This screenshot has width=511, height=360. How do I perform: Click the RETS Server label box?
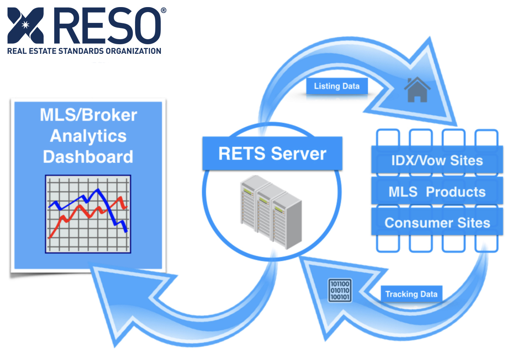point(272,154)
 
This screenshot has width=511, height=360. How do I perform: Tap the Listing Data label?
point(336,86)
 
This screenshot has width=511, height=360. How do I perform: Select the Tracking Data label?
point(411,294)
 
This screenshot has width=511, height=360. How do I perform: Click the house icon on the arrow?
point(417,91)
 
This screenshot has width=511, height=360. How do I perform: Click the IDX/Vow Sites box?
point(437,161)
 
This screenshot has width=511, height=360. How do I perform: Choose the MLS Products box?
point(437,192)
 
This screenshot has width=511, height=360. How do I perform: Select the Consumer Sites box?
point(437,223)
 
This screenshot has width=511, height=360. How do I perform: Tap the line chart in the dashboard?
point(88,214)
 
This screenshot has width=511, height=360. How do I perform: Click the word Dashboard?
point(88,157)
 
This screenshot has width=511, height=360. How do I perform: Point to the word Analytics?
point(88,136)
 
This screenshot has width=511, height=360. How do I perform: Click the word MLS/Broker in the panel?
point(88,115)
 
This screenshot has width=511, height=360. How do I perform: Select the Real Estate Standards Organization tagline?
point(84,51)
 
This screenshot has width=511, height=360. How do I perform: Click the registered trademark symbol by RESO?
point(163,10)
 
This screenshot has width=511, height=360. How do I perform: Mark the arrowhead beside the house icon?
point(433,83)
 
